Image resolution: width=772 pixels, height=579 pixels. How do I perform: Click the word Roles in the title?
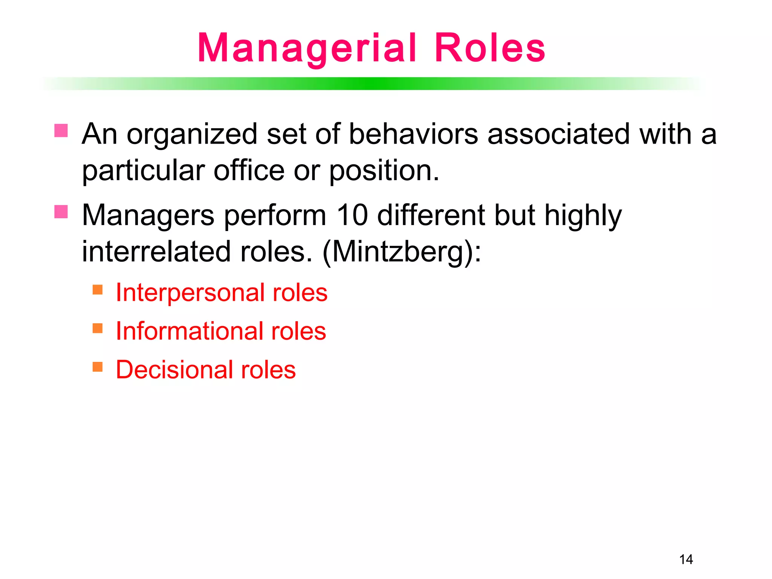(490, 48)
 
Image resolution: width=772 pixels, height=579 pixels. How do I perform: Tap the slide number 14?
(686, 559)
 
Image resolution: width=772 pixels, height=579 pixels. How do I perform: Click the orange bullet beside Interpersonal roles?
(98, 289)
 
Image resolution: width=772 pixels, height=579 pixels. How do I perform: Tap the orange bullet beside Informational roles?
(98, 328)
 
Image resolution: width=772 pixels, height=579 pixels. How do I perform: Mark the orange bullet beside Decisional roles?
(98, 366)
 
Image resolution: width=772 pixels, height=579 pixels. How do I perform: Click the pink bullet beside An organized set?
(61, 130)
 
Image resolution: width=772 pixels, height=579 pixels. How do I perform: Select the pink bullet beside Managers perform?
(61, 211)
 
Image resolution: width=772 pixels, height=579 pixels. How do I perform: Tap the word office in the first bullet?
(249, 171)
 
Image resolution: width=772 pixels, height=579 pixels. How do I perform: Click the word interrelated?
(156, 252)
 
